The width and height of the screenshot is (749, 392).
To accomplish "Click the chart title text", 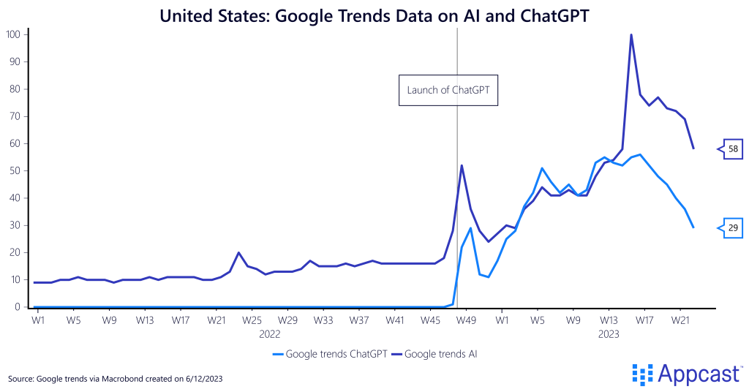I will [x=374, y=15].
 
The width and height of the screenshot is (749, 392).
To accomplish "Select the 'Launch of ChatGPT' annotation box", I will [x=448, y=91].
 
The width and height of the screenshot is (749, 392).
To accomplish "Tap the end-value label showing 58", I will [x=732, y=149].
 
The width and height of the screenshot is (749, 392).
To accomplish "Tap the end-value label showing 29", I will [x=732, y=228].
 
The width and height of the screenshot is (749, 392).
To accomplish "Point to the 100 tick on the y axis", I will [x=12, y=34].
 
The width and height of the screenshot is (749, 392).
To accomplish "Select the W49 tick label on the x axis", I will [x=467, y=320].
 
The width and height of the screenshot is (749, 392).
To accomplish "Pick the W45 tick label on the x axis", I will [x=431, y=320].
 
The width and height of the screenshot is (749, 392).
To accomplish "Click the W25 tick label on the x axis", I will [x=252, y=320].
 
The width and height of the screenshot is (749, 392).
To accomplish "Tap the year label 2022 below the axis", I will [x=270, y=333].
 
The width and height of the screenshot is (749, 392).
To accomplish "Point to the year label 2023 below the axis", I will [x=609, y=333].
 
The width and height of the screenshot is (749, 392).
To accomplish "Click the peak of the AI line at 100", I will [x=631, y=34].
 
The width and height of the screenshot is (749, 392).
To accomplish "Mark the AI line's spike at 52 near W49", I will [x=462, y=165].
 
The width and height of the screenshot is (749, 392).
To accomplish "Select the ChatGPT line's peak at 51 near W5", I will [x=542, y=168].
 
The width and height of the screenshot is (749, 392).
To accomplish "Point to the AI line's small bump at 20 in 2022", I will [x=238, y=252].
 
